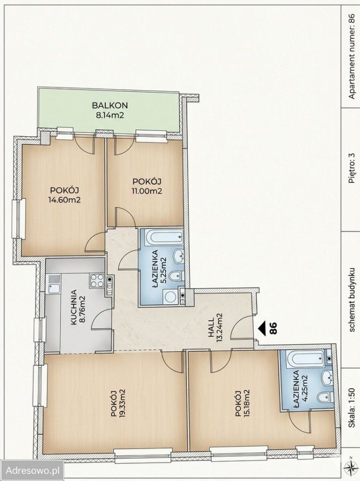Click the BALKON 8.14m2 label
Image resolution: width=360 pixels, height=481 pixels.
[110, 110]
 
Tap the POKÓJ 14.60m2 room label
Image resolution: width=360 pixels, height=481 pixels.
[64, 195]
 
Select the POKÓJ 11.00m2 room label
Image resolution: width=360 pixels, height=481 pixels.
[147, 186]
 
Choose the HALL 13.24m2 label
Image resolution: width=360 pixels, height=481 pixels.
[216, 325]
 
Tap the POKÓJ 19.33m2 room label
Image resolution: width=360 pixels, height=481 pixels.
[117, 403]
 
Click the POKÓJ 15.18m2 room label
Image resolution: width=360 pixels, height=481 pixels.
[242, 403]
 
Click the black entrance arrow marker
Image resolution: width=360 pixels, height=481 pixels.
[261, 328]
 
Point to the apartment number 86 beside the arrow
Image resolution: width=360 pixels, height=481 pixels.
[273, 328]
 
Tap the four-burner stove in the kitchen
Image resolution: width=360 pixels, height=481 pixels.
[97, 280]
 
